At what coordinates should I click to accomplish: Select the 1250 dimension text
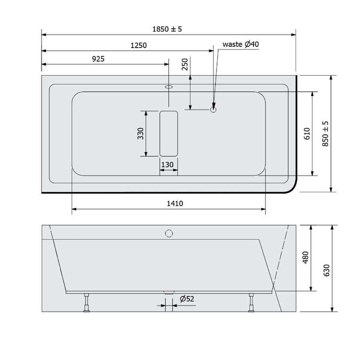point(139,46)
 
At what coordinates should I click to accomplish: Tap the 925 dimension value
point(98,59)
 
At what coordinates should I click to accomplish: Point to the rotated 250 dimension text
point(185,64)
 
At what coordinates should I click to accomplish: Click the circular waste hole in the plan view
point(214,108)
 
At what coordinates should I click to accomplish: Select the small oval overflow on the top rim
point(168,86)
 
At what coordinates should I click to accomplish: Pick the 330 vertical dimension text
point(140,134)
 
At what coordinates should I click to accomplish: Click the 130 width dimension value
point(167,164)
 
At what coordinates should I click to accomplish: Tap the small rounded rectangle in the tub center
point(169,134)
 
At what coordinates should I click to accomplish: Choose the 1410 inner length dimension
point(175,204)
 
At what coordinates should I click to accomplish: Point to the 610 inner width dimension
point(306,134)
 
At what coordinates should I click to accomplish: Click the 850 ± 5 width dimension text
point(325,134)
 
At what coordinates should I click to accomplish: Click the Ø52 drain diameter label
point(187,299)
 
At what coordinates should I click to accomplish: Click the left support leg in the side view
point(86,302)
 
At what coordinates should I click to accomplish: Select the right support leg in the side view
point(251,302)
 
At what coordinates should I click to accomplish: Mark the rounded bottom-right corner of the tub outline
point(291,188)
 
